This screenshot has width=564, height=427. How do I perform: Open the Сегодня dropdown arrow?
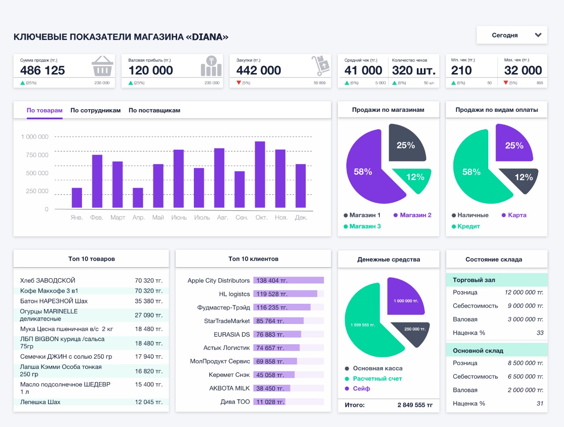[x=538, y=35]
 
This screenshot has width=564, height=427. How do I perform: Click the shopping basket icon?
[x=102, y=66]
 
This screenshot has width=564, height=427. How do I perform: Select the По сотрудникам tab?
[x=96, y=110]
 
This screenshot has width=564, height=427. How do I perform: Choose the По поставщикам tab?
[x=154, y=110]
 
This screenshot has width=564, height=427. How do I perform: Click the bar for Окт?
[x=260, y=175]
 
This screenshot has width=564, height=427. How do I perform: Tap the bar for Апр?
[x=138, y=198]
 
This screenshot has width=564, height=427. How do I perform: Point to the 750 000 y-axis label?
[x=37, y=155]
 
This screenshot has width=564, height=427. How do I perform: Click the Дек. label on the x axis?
[x=301, y=217]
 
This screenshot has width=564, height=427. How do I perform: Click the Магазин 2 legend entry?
[x=412, y=215]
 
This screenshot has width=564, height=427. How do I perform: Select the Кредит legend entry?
[x=466, y=226]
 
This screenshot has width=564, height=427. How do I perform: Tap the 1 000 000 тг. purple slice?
[x=405, y=297]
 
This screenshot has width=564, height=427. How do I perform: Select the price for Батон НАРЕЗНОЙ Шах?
[x=148, y=301]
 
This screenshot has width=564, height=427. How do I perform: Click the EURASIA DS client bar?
[x=277, y=334]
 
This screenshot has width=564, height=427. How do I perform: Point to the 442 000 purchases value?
[x=259, y=70]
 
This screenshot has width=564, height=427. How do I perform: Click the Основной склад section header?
[x=478, y=351]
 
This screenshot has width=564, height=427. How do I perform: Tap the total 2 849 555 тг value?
[x=415, y=405]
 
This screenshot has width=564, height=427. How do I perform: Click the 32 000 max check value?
[x=523, y=70]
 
